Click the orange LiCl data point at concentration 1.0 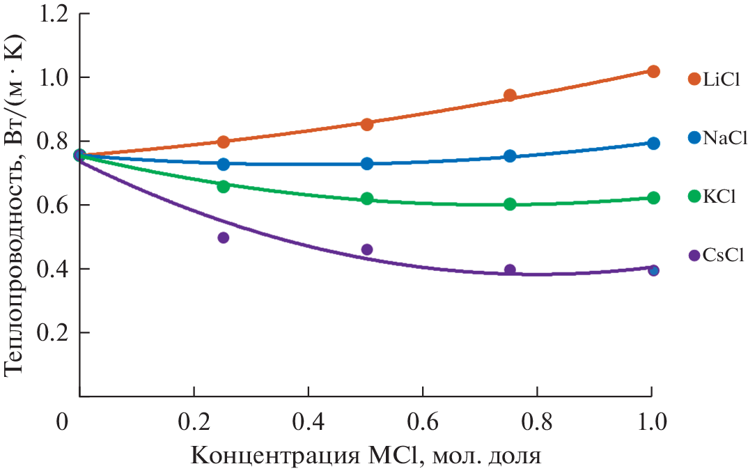pyautogui.click(x=653, y=72)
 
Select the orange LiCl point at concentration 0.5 pyautogui.click(x=367, y=124)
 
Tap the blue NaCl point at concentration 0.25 pyautogui.click(x=224, y=164)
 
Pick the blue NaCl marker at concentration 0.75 pyautogui.click(x=510, y=156)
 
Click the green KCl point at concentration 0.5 pyautogui.click(x=367, y=199)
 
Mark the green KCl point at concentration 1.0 pyautogui.click(x=653, y=198)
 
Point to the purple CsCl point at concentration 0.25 pyautogui.click(x=224, y=238)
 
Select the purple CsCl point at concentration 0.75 pyautogui.click(x=510, y=270)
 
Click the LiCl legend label pyautogui.click(x=720, y=79)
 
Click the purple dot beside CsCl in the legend pyautogui.click(x=694, y=256)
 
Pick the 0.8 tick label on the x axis pyautogui.click(x=536, y=423)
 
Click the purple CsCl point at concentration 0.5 pyautogui.click(x=367, y=249)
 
